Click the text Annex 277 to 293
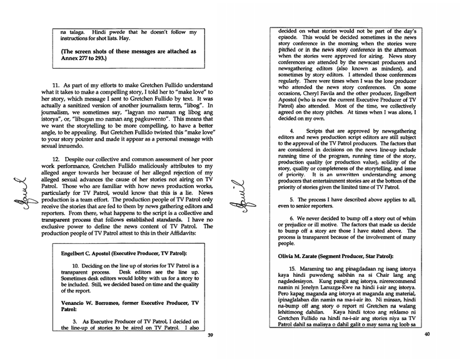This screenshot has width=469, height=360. pyautogui.click(x=81, y=59)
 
